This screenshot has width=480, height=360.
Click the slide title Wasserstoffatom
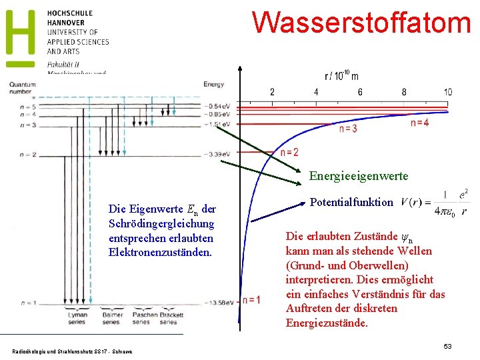pos(361,21)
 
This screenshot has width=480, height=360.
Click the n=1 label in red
pos(251,300)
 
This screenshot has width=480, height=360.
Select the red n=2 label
pos(289,153)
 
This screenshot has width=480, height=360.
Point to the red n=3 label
pos(348,129)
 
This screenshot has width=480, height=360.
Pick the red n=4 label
pos(419,123)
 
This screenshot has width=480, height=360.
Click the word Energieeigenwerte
pos(359,177)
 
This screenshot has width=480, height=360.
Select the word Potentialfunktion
pos(353,202)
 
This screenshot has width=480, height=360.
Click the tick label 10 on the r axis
pos(447,92)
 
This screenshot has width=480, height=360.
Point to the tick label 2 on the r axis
pos(272,92)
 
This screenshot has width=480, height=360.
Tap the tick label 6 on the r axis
pos(360,92)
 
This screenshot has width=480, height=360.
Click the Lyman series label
pos(77,317)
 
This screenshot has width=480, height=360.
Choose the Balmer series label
pos(111,317)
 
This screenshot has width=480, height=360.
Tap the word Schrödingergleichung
pos(161,223)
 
